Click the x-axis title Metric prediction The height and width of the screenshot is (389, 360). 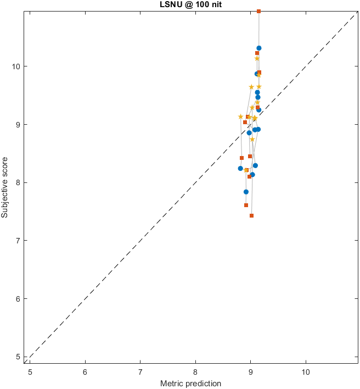[190, 383]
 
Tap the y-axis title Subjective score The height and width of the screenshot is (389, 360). [5, 187]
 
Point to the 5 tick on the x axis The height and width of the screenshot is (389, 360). [30, 372]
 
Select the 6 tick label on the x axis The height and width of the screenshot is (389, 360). [85, 372]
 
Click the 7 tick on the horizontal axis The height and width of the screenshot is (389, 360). [140, 372]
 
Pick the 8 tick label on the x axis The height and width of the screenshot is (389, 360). [195, 372]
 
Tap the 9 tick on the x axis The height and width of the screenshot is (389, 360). [251, 372]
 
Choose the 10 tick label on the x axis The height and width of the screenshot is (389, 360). [306, 372]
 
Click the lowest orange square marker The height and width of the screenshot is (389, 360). [251, 216]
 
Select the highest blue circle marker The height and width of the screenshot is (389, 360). [259, 48]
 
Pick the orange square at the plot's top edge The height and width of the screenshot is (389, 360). [259, 12]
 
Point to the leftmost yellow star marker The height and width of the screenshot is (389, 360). [240, 116]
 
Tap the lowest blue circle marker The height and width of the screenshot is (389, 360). [246, 192]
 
